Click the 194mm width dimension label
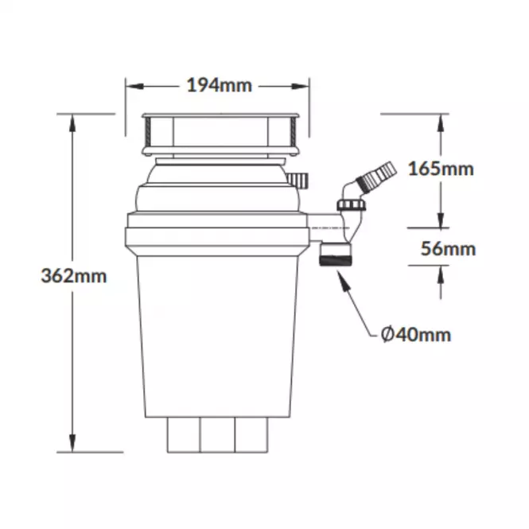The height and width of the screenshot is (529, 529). [220, 85]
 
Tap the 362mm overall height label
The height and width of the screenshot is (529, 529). [74, 275]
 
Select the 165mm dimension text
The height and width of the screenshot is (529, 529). [441, 169]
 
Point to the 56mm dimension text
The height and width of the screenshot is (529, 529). [448, 249]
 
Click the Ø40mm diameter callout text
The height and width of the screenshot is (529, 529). [415, 335]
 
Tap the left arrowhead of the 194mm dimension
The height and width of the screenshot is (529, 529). [134, 87]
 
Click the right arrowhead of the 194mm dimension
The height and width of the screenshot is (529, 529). [301, 87]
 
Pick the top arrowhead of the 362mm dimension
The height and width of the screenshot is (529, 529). [72, 123]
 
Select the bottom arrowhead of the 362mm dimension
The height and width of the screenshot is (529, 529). [72, 443]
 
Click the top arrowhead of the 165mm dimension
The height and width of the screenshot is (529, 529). [441, 123]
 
